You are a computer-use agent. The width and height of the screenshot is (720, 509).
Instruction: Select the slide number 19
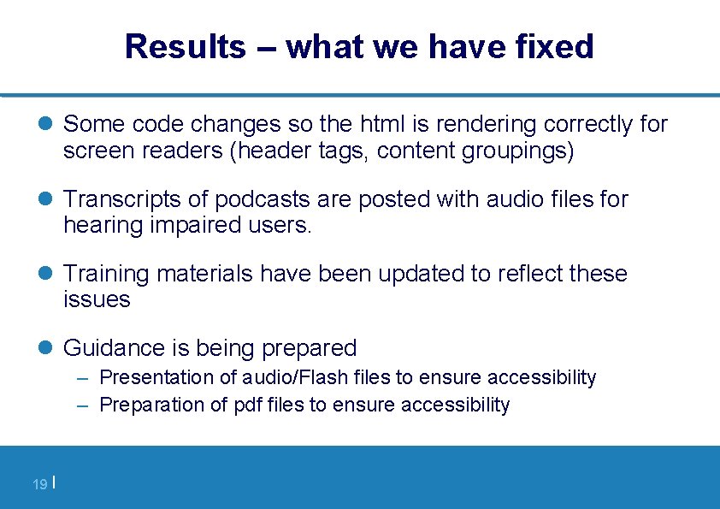tap(39, 485)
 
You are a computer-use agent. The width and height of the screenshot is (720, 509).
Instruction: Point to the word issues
tap(97, 300)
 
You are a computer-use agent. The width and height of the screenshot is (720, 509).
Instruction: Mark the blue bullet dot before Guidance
tap(47, 348)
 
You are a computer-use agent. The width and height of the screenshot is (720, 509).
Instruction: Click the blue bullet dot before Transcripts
tap(47, 200)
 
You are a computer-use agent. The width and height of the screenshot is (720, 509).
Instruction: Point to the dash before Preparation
tap(83, 405)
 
